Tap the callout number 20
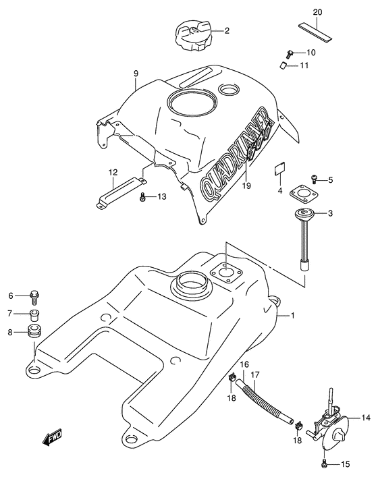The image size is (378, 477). (x=317, y=12)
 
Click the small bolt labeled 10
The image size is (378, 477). (x=290, y=52)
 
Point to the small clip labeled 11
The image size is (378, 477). (x=285, y=65)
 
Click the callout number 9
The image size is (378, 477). (x=136, y=73)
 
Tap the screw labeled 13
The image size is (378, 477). (x=142, y=197)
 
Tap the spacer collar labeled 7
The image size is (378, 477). (x=34, y=314)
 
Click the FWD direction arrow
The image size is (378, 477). (x=54, y=441)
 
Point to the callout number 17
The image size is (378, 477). (x=256, y=375)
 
